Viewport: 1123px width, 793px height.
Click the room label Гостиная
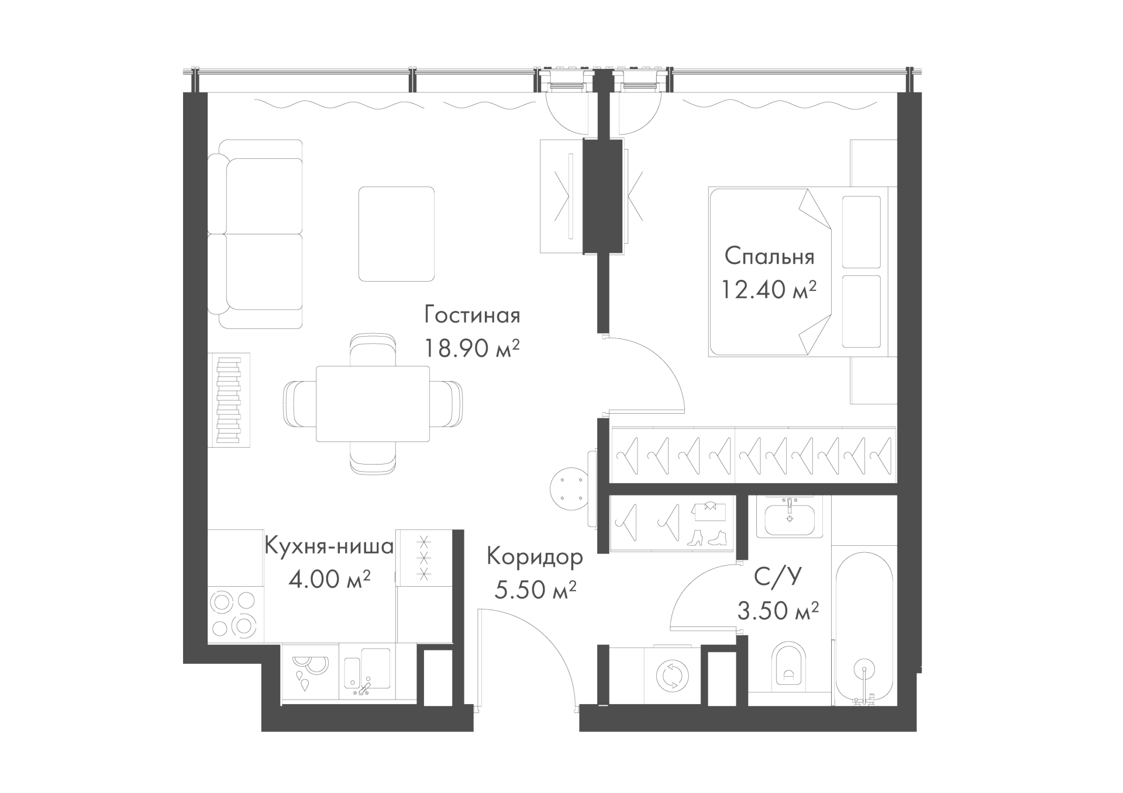tap(472, 316)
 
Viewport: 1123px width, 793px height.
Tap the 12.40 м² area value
tap(769, 289)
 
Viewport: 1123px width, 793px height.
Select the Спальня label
tap(769, 256)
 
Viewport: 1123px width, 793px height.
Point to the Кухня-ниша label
tap(329, 546)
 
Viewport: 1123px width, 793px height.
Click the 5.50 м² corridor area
tap(535, 590)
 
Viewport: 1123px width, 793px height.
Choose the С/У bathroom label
tap(777, 577)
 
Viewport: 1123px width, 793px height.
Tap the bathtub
tap(864, 625)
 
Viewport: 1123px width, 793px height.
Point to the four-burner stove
tap(233, 614)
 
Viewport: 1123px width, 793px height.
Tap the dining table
tap(373, 404)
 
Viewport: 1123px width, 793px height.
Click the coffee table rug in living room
tap(397, 233)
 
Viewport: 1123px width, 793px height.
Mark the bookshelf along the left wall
tap(229, 400)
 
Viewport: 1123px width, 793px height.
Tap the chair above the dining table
tap(372, 350)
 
